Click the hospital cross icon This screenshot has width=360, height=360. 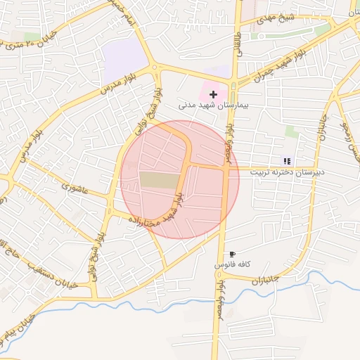pos(213,94)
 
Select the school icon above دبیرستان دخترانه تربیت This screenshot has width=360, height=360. pos(286,161)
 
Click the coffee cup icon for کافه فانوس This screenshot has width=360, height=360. pos(233,254)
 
